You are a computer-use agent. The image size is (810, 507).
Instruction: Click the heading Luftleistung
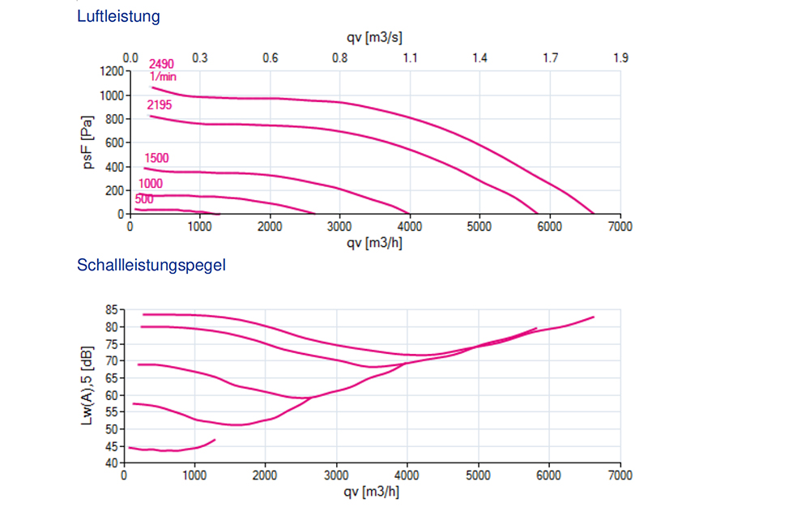coord(118,16)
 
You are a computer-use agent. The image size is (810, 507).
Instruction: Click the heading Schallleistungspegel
coord(151,265)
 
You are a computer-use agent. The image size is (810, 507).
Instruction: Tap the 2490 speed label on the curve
coord(161,64)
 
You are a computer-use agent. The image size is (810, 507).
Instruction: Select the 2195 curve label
coord(159,105)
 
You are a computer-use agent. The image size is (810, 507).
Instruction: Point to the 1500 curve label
coord(156,158)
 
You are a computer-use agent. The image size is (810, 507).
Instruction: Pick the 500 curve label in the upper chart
coord(144,199)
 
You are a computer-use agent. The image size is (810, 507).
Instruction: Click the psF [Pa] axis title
coord(88,143)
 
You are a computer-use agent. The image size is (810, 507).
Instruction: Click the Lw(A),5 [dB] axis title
coord(88,386)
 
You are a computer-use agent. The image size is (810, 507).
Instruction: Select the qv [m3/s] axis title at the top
coord(375,38)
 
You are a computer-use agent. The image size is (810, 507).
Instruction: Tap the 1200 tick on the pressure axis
coord(110,71)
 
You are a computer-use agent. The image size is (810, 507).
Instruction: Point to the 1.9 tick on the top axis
coord(620,58)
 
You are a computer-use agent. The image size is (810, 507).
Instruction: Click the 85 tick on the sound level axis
coord(111,309)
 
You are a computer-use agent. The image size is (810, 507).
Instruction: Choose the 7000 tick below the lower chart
coord(620,475)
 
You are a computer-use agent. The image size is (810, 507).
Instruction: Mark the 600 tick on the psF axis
coord(113,143)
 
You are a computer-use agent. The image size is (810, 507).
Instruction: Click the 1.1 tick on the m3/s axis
coord(410,58)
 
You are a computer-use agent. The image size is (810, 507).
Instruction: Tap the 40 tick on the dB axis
coord(111,462)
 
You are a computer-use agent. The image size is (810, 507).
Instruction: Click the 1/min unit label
coord(163,76)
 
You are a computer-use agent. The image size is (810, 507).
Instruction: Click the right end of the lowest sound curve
coord(215,440)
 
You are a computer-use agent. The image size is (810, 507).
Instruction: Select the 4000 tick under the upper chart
coord(410,227)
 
